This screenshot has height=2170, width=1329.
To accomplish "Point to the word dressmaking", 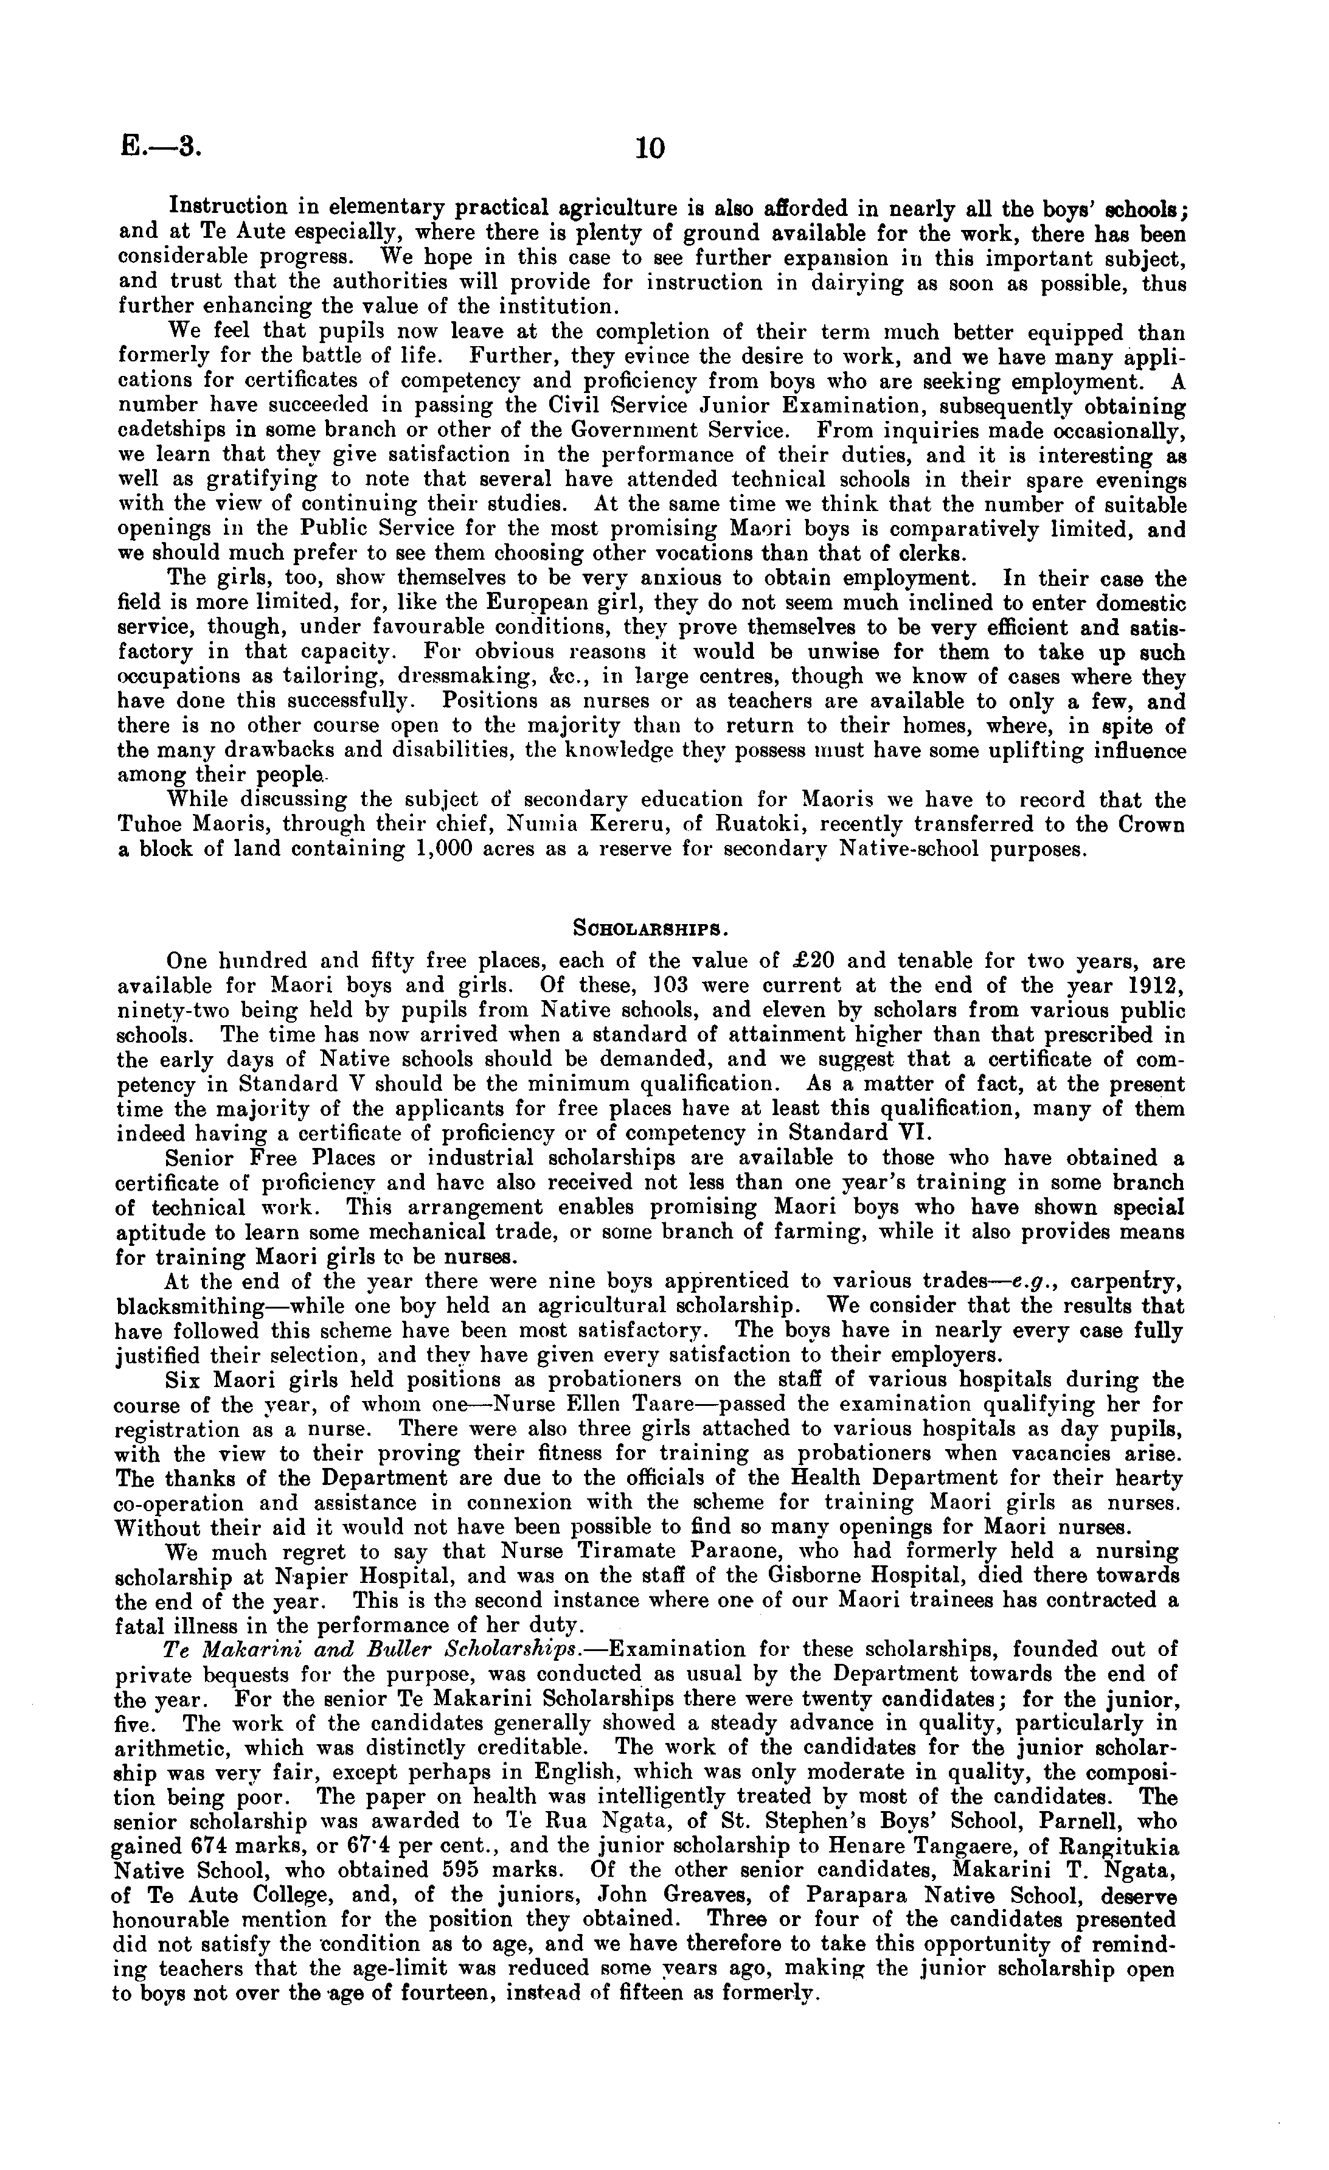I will click(450, 676).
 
